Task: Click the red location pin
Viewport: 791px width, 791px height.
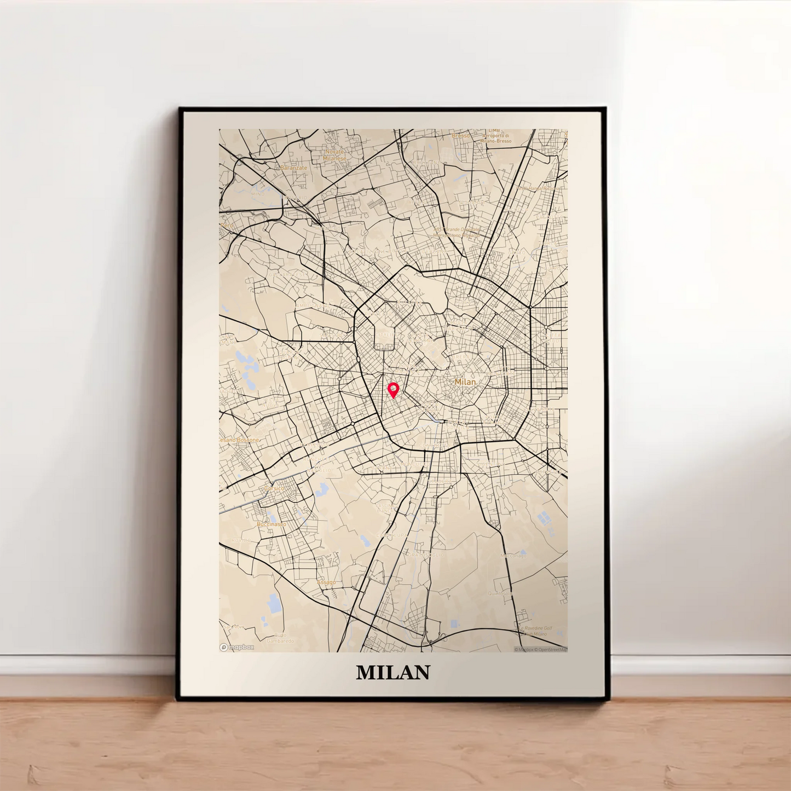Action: [393, 389]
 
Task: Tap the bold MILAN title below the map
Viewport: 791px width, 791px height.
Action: [393, 672]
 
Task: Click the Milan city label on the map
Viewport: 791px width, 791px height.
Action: [465, 382]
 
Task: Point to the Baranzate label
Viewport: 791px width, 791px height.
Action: [293, 168]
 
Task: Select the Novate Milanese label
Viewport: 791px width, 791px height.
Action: [334, 155]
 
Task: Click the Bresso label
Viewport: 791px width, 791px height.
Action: [460, 135]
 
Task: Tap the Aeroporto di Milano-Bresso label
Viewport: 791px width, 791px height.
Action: [496, 138]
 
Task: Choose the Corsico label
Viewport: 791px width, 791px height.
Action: [274, 488]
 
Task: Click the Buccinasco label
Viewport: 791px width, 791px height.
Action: [272, 524]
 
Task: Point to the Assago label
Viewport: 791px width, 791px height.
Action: [326, 582]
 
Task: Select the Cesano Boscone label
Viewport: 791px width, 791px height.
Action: [240, 440]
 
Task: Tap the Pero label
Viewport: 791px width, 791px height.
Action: [227, 225]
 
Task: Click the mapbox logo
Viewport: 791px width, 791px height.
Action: [237, 647]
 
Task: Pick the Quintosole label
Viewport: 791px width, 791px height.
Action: [500, 593]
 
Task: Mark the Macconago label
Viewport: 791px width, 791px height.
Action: [513, 556]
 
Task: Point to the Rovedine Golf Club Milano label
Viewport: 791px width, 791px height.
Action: [535, 631]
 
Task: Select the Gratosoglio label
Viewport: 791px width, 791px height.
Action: [424, 555]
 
